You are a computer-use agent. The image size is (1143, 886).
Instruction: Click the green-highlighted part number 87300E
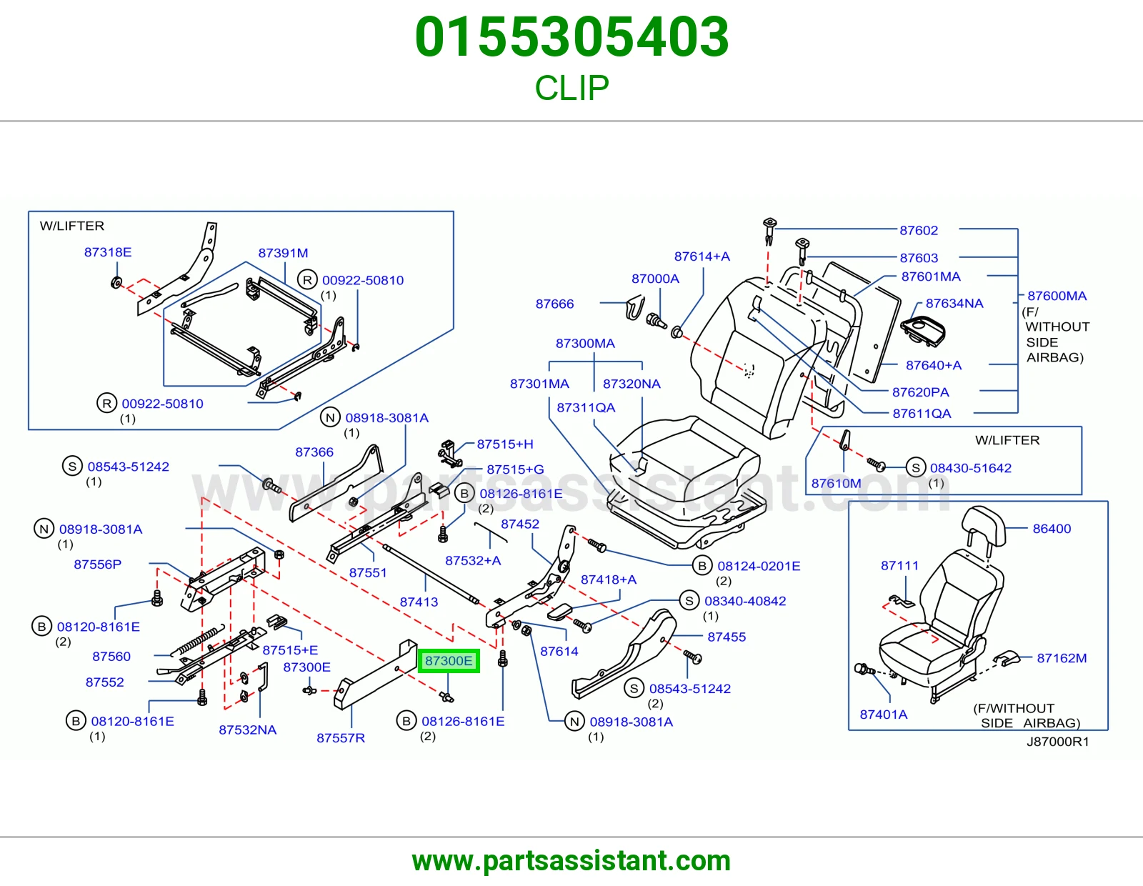[449, 661]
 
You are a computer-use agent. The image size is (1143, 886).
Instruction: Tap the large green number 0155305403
[571, 37]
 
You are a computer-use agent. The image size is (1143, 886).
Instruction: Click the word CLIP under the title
[571, 88]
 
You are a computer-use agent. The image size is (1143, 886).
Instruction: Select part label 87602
[919, 231]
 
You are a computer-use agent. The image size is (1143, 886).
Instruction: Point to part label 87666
[554, 304]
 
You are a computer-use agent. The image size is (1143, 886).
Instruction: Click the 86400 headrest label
[1052, 529]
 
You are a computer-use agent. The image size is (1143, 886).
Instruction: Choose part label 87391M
[283, 253]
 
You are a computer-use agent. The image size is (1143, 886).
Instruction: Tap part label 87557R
[341, 738]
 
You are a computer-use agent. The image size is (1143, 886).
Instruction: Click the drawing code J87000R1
[1057, 742]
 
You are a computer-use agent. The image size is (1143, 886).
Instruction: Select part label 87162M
[1062, 658]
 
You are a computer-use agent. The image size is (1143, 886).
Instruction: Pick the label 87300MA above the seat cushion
[585, 344]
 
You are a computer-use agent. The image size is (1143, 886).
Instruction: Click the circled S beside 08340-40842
[689, 601]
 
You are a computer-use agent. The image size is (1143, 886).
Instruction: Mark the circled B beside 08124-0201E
[702, 566]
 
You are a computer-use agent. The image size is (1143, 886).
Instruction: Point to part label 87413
[419, 602]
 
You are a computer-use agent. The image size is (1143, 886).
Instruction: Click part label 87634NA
[954, 304]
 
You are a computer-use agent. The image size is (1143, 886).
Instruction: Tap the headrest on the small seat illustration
[983, 526]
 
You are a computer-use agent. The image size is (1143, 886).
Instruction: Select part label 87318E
[108, 252]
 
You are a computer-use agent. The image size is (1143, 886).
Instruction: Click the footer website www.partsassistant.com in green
[571, 861]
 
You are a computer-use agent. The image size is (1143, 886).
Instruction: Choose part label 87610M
[837, 484]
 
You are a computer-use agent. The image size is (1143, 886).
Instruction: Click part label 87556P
[97, 564]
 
